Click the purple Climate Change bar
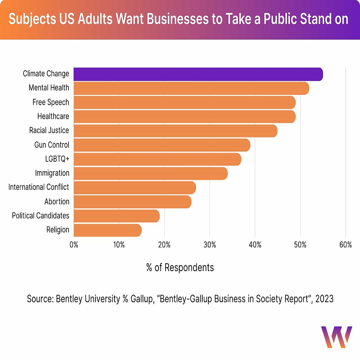198,74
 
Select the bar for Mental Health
191,88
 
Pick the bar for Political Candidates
117,216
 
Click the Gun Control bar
162,145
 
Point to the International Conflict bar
135,188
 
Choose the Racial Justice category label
49,130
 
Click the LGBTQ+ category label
57,159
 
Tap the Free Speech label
51,102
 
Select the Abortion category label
57,202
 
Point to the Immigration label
52,173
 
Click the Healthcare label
53,116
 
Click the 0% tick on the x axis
74,245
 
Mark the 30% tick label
210,245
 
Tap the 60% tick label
346,245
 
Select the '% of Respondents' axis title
180,267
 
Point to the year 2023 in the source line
324,299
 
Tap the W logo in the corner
336,337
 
